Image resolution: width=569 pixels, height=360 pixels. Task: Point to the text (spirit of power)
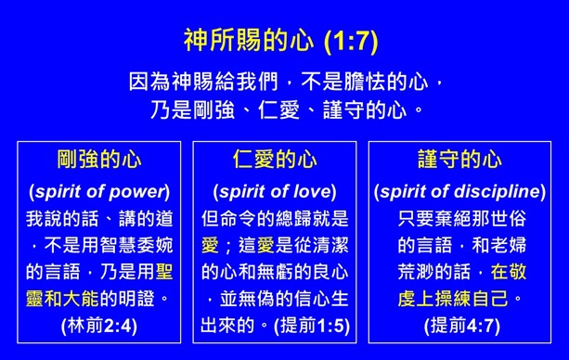click(x=98, y=192)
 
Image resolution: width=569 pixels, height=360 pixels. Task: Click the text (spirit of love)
click(x=275, y=192)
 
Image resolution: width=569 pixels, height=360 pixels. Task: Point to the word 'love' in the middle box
click(x=309, y=192)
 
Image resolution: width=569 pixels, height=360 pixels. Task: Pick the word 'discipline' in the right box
click(x=498, y=192)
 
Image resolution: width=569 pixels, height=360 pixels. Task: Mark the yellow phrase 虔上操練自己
click(x=459, y=299)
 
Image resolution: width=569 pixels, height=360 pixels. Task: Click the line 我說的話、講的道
click(x=98, y=219)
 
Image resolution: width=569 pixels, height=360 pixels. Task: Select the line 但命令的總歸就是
click(x=275, y=219)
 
